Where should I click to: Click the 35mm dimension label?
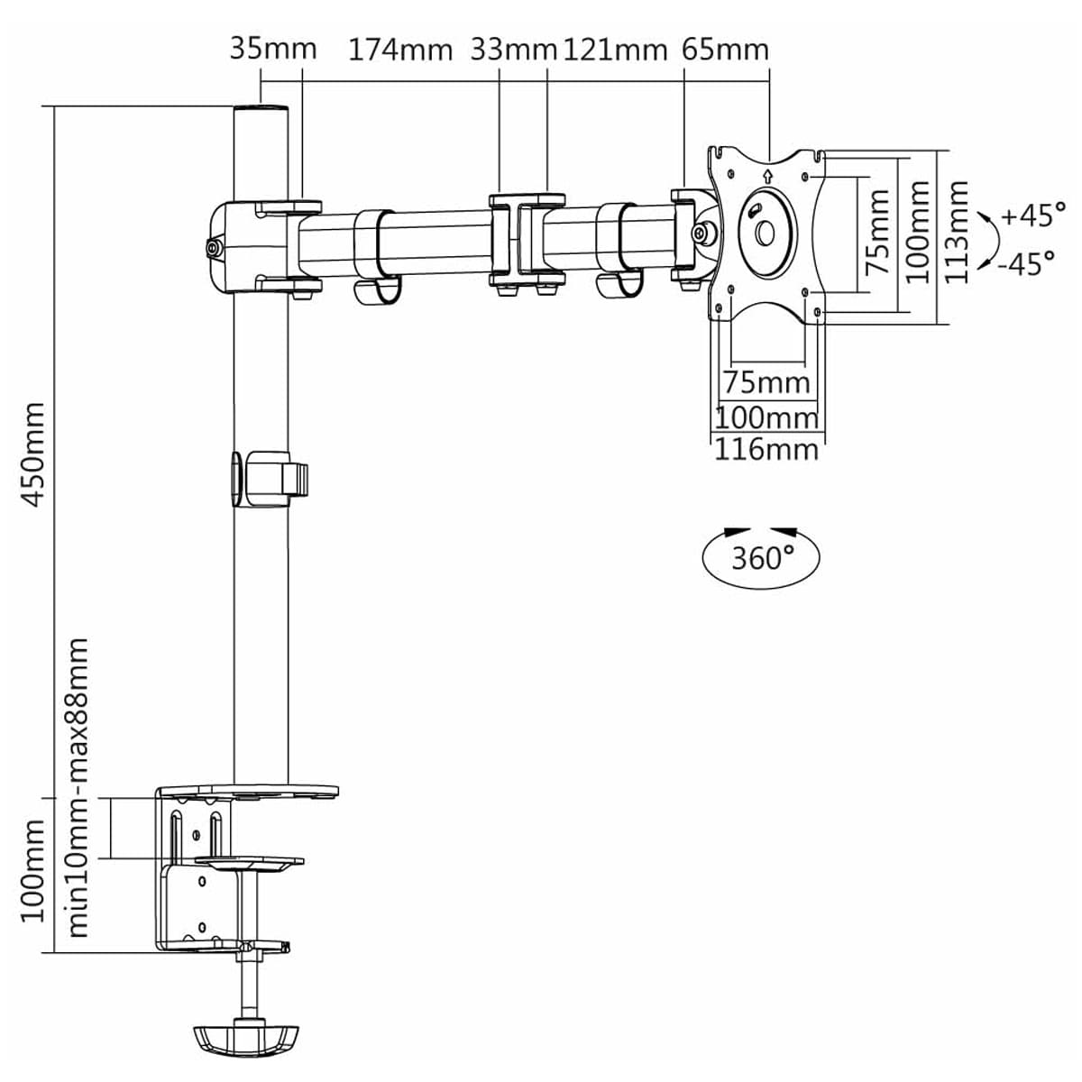[272, 48]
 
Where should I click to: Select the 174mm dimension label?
[400, 50]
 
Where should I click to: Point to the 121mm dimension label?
[615, 50]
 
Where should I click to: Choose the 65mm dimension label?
[725, 49]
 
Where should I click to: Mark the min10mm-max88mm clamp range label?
[78, 786]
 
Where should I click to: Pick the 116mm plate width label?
[766, 448]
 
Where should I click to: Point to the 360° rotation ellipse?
[761, 557]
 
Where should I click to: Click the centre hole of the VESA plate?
[766, 233]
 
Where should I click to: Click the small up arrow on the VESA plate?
[766, 176]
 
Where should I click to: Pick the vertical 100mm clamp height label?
[32, 870]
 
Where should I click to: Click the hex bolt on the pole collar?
[214, 246]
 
